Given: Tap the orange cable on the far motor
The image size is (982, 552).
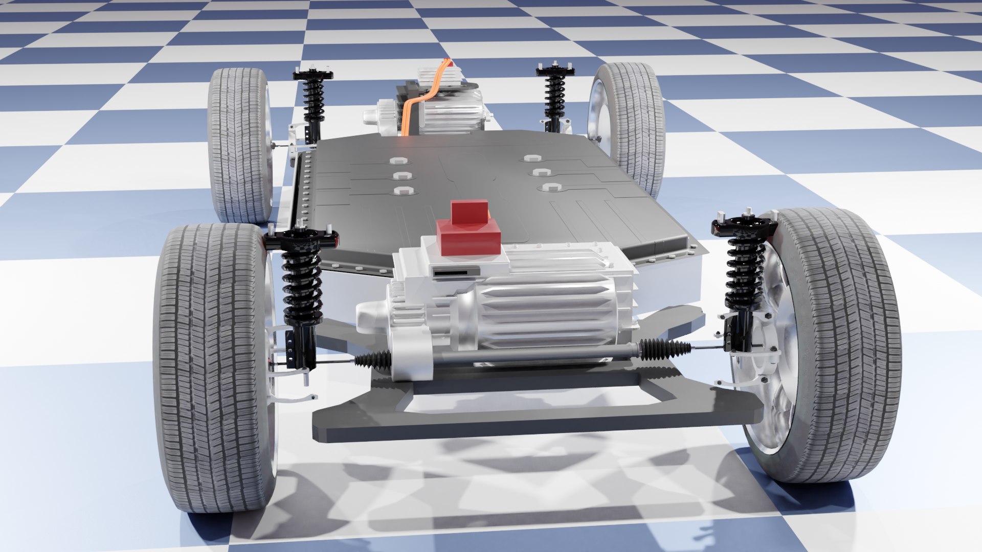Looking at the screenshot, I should click(413, 108).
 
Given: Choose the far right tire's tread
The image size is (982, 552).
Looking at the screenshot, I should click(639, 123).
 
